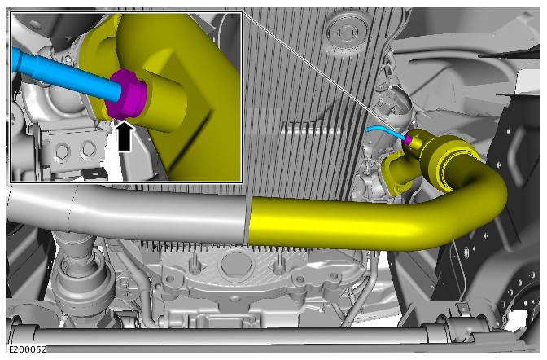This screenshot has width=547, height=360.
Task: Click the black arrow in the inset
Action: [125, 136]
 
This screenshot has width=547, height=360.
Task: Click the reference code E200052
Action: [27, 349]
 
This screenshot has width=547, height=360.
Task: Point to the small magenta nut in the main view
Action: [407, 139]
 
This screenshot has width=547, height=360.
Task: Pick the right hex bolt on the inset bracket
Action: [88, 149]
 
